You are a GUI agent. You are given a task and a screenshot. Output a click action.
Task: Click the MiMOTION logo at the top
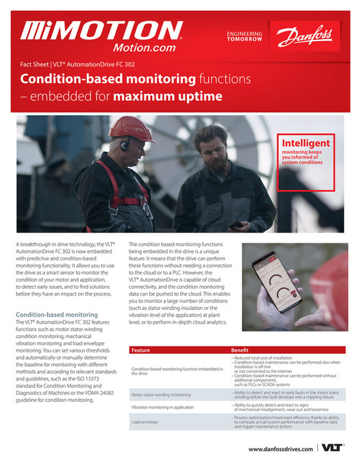click(x=101, y=30)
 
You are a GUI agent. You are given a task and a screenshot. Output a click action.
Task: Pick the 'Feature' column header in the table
click(x=140, y=350)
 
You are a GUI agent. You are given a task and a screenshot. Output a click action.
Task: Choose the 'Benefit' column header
click(x=240, y=350)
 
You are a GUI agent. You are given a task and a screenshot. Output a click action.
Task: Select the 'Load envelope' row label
click(x=145, y=422)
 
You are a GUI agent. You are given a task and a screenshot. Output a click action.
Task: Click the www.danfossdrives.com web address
click(x=281, y=448)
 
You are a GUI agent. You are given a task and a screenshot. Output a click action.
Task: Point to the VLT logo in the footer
click(x=332, y=448)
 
